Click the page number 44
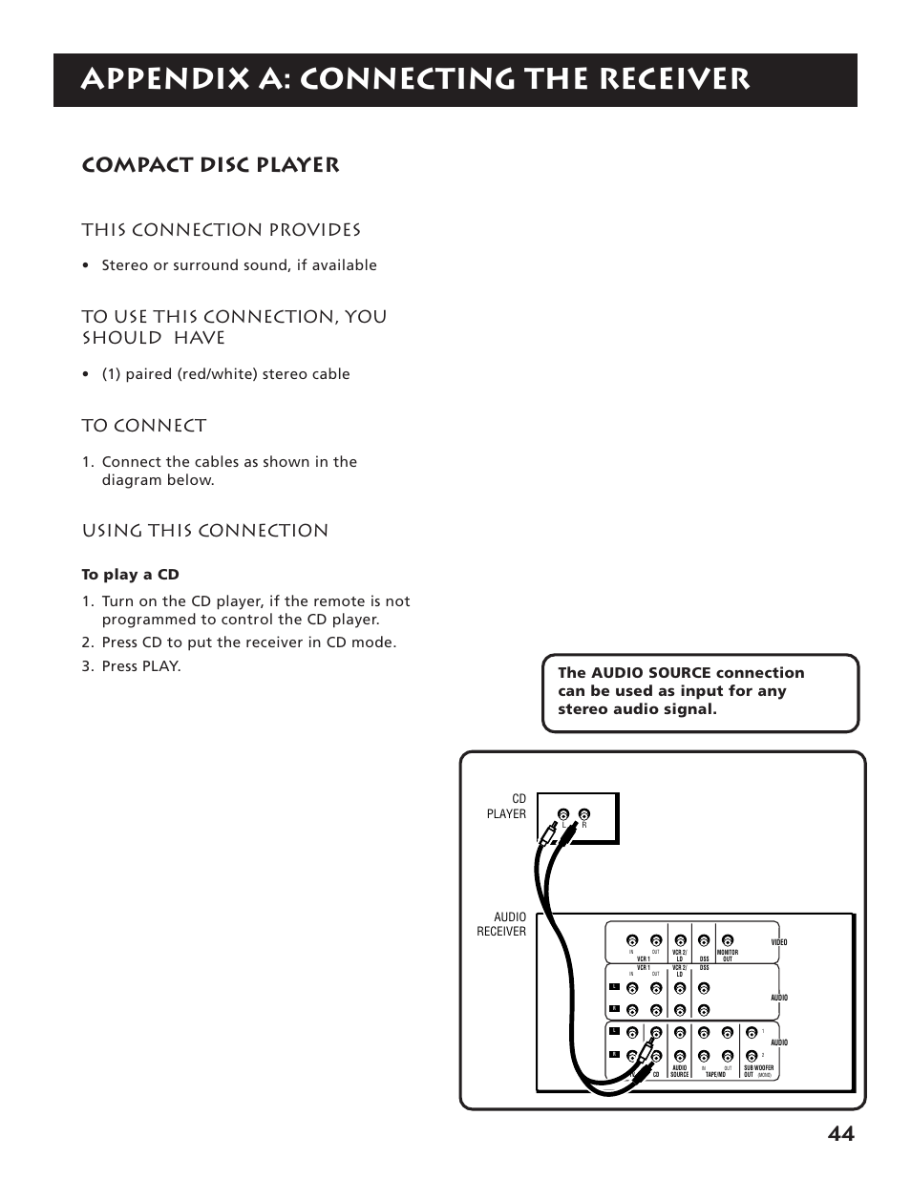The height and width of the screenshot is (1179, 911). click(x=840, y=1133)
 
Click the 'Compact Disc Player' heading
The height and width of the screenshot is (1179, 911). click(x=210, y=165)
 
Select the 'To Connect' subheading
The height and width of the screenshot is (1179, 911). click(x=143, y=426)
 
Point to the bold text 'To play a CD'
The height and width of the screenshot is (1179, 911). click(x=130, y=575)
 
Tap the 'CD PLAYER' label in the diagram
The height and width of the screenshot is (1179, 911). click(x=506, y=807)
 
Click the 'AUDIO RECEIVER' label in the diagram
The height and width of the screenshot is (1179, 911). click(x=501, y=924)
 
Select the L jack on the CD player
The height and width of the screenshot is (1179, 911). click(x=564, y=815)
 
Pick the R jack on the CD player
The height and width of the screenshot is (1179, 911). click(x=583, y=815)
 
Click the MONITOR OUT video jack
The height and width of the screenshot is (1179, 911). click(x=728, y=939)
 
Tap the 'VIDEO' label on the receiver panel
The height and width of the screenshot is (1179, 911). click(x=778, y=942)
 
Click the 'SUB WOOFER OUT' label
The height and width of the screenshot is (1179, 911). click(x=758, y=1070)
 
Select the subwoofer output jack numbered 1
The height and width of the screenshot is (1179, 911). click(x=752, y=1032)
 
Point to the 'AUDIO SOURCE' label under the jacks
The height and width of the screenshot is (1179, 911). click(x=680, y=1070)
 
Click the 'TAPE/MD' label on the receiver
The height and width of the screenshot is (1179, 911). click(x=715, y=1074)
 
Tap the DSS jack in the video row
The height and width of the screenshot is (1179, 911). click(x=704, y=939)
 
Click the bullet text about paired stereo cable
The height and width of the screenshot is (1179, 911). click(x=225, y=374)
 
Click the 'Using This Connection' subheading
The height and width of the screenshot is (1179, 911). click(x=204, y=531)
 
